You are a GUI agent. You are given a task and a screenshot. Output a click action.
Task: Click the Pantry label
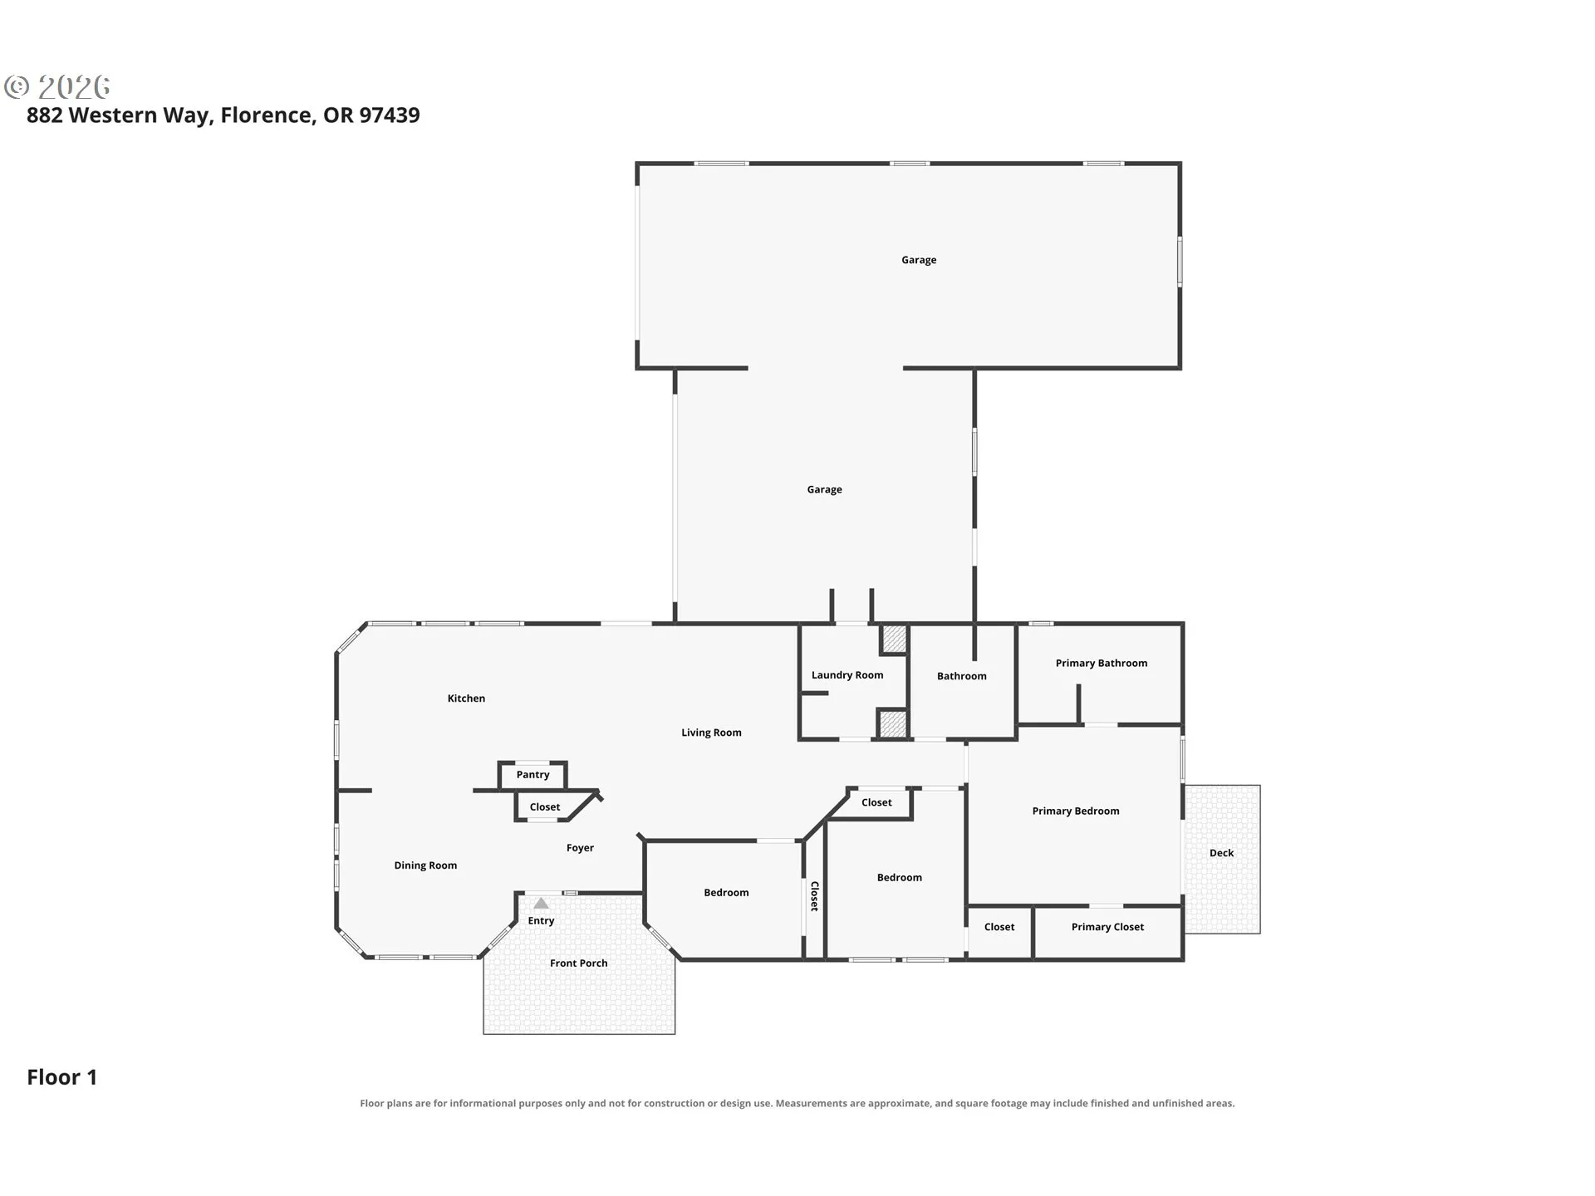532,775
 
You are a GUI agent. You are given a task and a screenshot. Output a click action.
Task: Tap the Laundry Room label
847,675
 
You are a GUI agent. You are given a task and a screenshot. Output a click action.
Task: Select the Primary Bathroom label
1102,663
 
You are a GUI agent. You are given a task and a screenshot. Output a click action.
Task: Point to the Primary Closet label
1107,927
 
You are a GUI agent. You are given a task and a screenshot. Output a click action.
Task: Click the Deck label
1221,853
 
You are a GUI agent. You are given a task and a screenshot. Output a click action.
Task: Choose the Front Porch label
578,963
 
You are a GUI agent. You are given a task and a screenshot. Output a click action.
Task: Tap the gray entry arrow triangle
541,903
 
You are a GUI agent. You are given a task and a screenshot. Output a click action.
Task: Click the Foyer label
580,848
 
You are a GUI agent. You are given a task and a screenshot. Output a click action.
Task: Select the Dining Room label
425,865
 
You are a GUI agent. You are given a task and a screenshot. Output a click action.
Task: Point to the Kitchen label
466,698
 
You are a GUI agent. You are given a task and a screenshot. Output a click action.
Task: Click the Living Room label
711,733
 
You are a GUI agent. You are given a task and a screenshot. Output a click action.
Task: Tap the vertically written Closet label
814,896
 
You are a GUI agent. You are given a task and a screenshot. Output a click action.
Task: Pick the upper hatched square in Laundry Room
894,639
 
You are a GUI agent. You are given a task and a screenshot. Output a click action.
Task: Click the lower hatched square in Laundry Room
893,724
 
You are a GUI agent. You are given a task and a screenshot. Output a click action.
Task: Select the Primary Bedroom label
1076,811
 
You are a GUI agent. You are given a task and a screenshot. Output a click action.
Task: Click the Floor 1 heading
62,1077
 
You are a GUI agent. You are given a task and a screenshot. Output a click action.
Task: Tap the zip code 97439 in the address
390,115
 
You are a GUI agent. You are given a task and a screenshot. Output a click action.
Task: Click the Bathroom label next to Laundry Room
962,676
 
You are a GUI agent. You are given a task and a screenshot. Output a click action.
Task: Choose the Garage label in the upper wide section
919,260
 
